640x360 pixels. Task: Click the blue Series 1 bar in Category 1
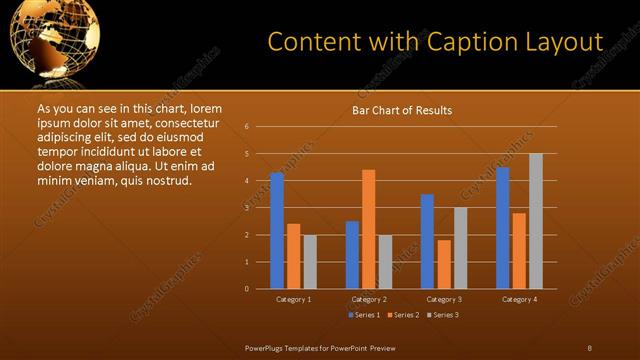pyautogui.click(x=277, y=231)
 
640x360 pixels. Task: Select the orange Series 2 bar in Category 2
pyautogui.click(x=368, y=229)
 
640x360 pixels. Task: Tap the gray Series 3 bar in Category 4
pyautogui.click(x=536, y=221)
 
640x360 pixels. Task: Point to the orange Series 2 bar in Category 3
pyautogui.click(x=443, y=264)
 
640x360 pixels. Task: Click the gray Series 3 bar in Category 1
pyautogui.click(x=309, y=262)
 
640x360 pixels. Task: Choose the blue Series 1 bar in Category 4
pyautogui.click(x=502, y=228)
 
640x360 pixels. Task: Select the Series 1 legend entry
pyautogui.click(x=365, y=315)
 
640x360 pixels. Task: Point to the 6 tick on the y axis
pyautogui.click(x=246, y=127)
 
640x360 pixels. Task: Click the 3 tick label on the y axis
pyautogui.click(x=246, y=208)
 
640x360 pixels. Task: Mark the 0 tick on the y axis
pyautogui.click(x=246, y=289)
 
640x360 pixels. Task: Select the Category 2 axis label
pyautogui.click(x=368, y=299)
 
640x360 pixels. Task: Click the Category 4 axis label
pyautogui.click(x=518, y=299)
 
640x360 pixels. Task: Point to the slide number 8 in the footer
pyautogui.click(x=589, y=347)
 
